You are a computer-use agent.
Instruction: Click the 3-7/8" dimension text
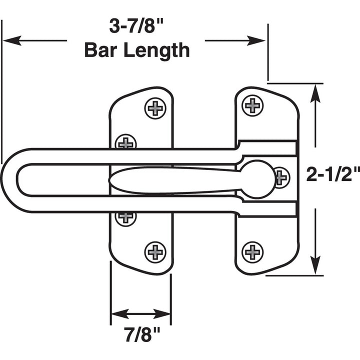(136, 26)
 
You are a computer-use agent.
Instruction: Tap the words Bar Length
(136, 50)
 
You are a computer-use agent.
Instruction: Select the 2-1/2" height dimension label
(333, 175)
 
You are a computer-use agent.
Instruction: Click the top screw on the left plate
(155, 108)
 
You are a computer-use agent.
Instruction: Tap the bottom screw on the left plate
(155, 251)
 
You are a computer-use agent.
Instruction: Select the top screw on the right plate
(253, 105)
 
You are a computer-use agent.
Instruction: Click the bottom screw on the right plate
(253, 251)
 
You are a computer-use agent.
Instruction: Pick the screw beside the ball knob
(281, 176)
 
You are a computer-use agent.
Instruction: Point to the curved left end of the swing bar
(10, 180)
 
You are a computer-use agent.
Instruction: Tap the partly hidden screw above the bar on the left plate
(125, 142)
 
